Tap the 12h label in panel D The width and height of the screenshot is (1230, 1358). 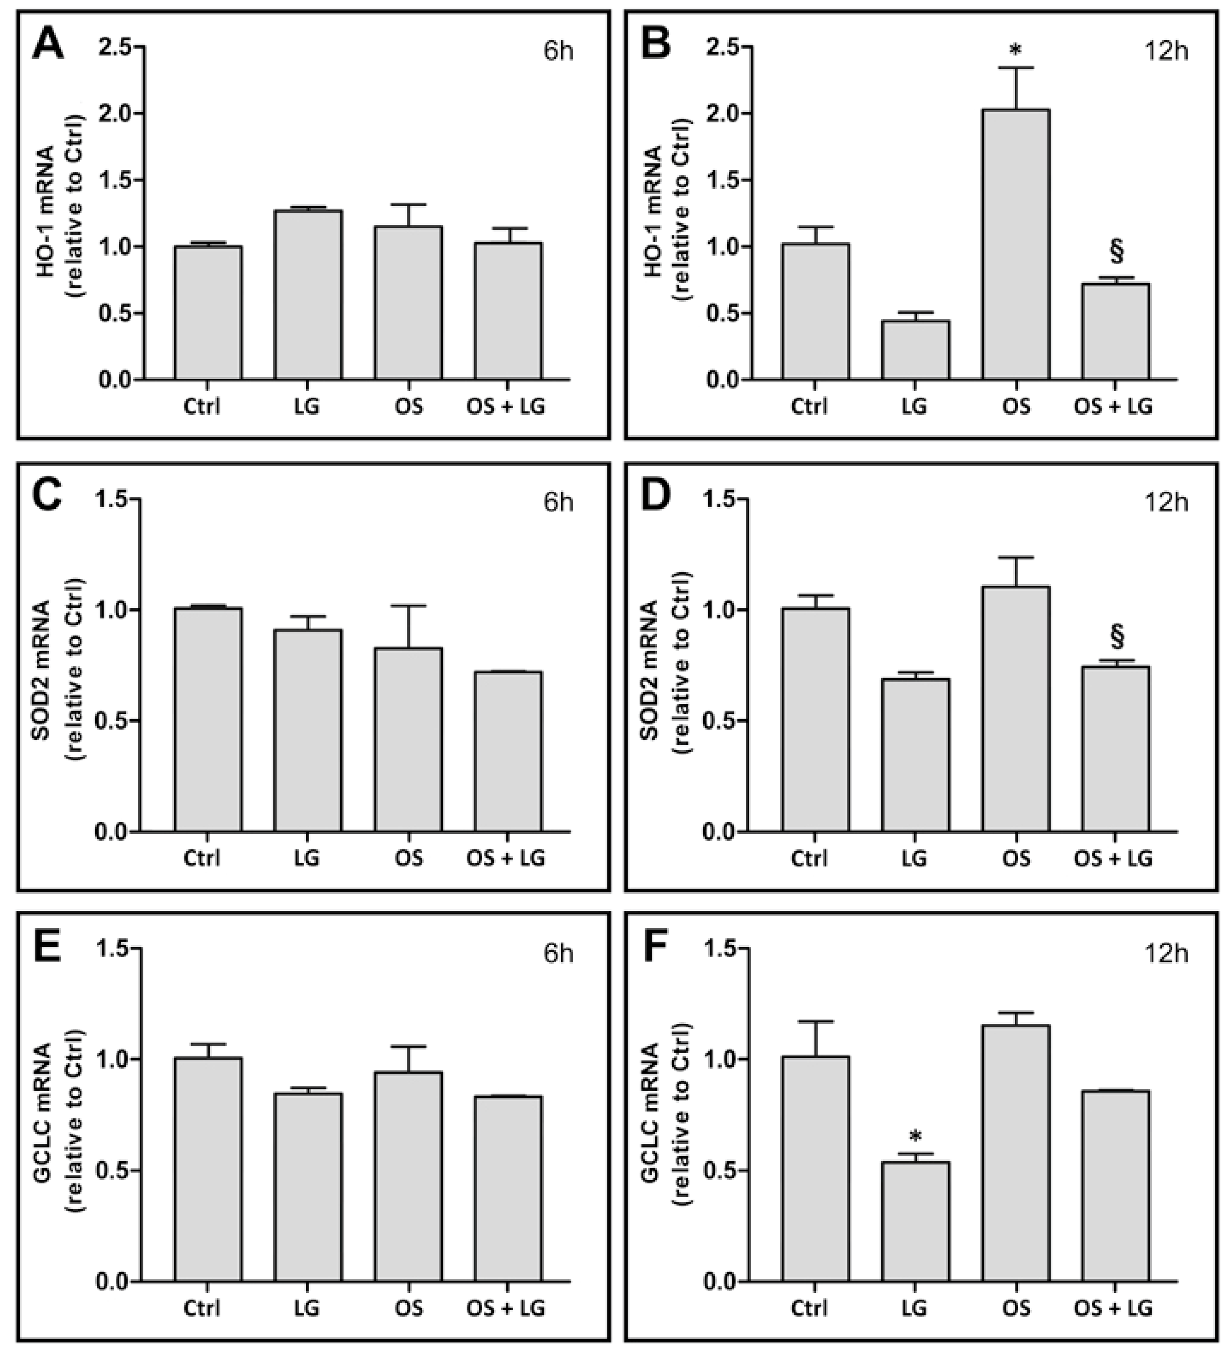coord(1167,502)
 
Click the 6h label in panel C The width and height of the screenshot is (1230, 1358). coord(559,502)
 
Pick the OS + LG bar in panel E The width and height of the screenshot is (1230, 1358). coord(508,1188)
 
